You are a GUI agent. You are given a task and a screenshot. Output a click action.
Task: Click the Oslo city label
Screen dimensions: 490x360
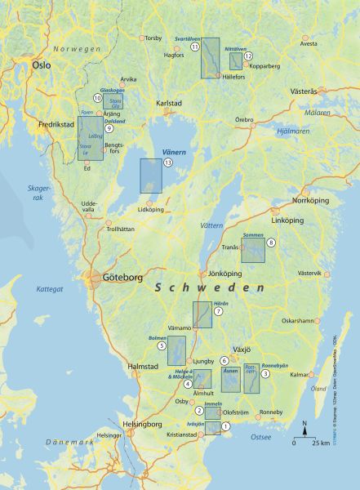tap(41, 65)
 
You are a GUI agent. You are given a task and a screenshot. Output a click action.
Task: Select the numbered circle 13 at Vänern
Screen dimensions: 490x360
tap(168, 163)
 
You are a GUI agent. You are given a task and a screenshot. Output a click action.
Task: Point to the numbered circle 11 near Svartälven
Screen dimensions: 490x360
tap(195, 47)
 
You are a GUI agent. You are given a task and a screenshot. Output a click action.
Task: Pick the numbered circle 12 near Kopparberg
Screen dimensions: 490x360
tap(248, 56)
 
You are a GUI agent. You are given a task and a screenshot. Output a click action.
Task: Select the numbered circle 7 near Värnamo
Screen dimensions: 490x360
tap(218, 311)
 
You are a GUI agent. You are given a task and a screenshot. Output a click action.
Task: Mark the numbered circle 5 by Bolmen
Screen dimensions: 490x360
tap(162, 346)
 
